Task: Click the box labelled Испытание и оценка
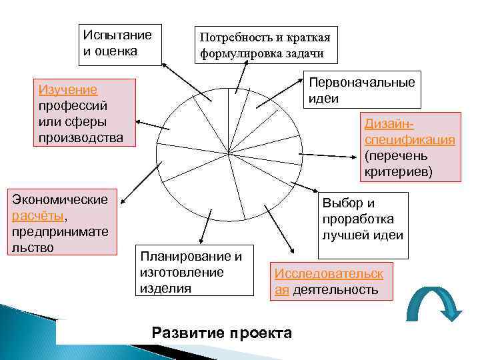click(119, 44)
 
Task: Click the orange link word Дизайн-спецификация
click(410, 131)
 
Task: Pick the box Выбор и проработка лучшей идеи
click(364, 219)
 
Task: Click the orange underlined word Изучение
click(67, 90)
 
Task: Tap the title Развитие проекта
click(222, 333)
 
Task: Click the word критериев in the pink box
click(398, 172)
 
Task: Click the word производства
click(80, 138)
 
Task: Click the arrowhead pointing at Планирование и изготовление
click(199, 243)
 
